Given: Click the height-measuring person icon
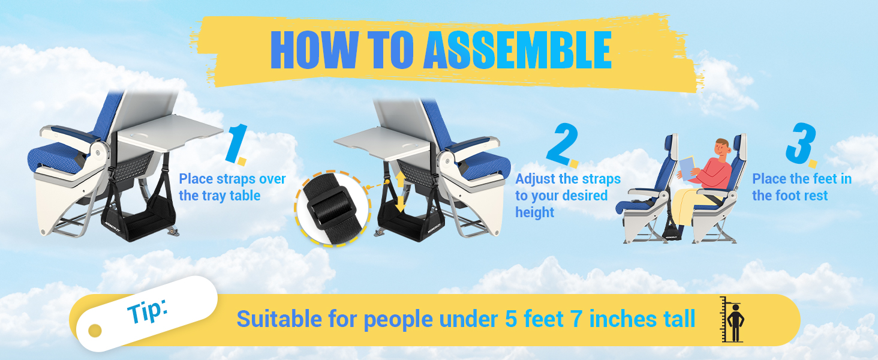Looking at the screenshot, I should click(x=733, y=320).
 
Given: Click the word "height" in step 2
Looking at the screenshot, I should click(x=535, y=212).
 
